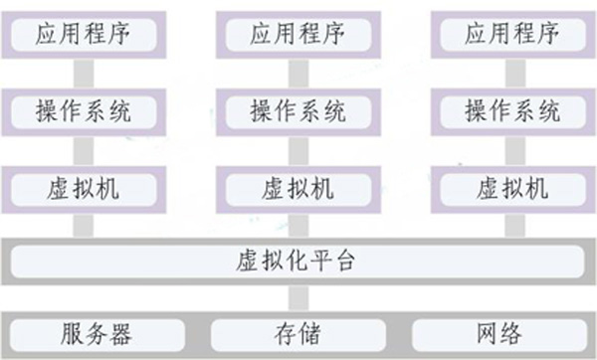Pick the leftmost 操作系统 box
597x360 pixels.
coord(84,110)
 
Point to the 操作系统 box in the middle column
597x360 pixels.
coord(298,110)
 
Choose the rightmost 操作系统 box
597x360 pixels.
coord(511,110)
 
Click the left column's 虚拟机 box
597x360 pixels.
coord(84,187)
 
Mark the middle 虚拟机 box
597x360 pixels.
coord(298,187)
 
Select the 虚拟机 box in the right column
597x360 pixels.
coord(511,187)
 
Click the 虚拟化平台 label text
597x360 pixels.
coord(298,263)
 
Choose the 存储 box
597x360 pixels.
coord(298,331)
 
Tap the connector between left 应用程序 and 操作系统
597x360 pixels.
coord(84,72)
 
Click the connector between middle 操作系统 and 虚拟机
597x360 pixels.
coord(298,149)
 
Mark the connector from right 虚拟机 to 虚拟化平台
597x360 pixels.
coord(511,224)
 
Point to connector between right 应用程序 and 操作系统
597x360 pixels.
coord(511,72)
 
